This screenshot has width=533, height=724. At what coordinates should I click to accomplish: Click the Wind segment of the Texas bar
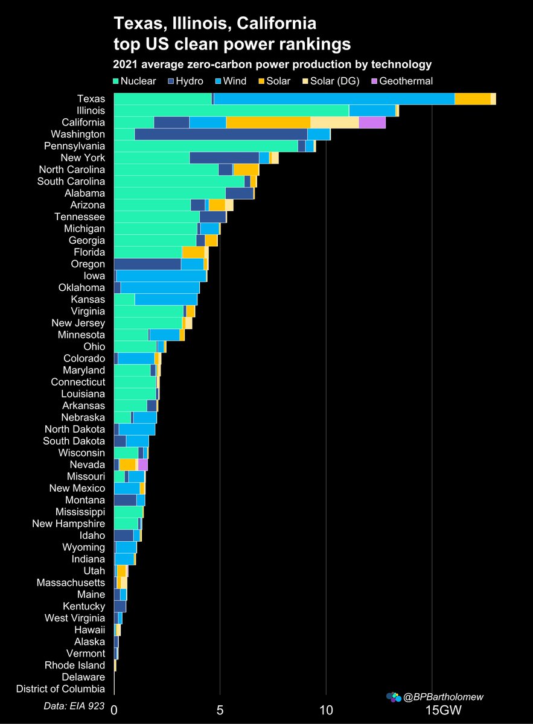pyautogui.click(x=334, y=99)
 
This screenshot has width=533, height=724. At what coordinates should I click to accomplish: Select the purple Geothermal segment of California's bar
pyautogui.click(x=372, y=122)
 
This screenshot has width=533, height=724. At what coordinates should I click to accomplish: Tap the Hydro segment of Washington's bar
pyautogui.click(x=220, y=134)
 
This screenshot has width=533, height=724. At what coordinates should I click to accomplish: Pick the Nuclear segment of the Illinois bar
pyautogui.click(x=231, y=110)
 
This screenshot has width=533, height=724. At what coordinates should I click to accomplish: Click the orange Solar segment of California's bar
pyautogui.click(x=268, y=122)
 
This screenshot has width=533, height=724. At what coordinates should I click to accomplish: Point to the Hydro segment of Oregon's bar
pyautogui.click(x=147, y=264)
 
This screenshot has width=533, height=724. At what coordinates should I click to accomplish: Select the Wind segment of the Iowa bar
pyautogui.click(x=161, y=276)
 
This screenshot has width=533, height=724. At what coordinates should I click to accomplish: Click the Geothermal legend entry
pyautogui.click(x=400, y=81)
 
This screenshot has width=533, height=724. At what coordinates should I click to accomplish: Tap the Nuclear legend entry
pyautogui.click(x=133, y=81)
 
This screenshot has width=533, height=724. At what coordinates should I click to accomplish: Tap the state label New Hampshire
pyautogui.click(x=68, y=524)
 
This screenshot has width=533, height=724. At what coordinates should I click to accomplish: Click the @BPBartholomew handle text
pyautogui.click(x=443, y=697)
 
